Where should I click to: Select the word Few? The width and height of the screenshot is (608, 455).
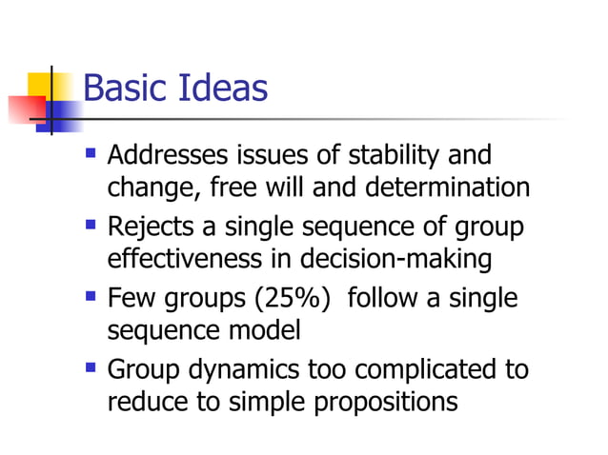pos(127,299)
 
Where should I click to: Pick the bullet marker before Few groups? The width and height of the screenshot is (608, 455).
pos(91,295)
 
